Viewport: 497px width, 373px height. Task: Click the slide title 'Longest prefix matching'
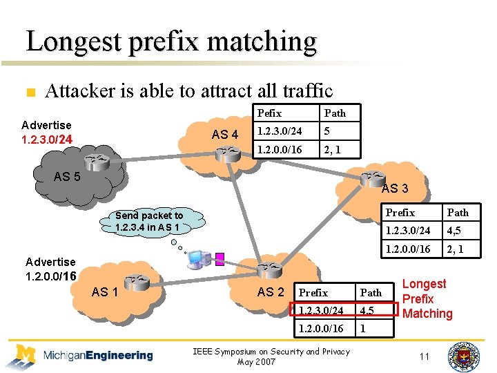point(171,41)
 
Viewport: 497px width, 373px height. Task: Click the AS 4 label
point(224,135)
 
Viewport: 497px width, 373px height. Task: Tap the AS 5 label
point(67,177)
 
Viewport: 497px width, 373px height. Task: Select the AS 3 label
point(395,188)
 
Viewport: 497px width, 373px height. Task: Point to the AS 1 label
point(106,292)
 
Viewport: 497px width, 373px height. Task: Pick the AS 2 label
point(271,292)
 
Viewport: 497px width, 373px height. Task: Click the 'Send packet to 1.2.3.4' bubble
point(150,221)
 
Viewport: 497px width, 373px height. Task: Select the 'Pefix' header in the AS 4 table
point(270,113)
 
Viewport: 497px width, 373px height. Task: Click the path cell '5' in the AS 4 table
point(329,131)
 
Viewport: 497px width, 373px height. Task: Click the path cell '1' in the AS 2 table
point(363,329)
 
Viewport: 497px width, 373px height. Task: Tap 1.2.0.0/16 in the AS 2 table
point(321,329)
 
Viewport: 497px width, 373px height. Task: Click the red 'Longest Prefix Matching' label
point(427,298)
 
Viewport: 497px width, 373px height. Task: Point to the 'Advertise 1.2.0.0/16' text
point(50,269)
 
